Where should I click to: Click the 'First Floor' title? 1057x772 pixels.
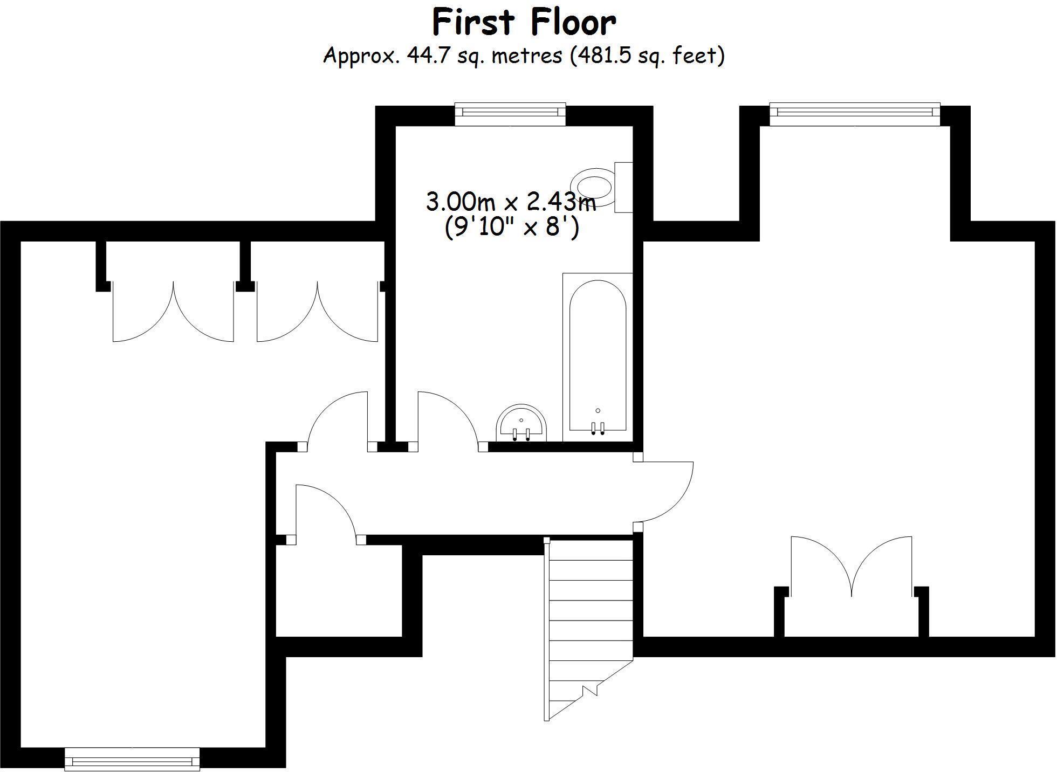pos(524,23)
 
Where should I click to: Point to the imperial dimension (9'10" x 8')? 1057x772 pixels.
pos(512,227)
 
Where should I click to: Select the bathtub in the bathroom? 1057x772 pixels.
pos(598,356)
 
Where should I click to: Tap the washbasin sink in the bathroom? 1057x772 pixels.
pos(521,424)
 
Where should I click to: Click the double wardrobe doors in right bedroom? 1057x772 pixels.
pos(852,566)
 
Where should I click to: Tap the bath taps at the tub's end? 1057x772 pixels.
pos(598,428)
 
